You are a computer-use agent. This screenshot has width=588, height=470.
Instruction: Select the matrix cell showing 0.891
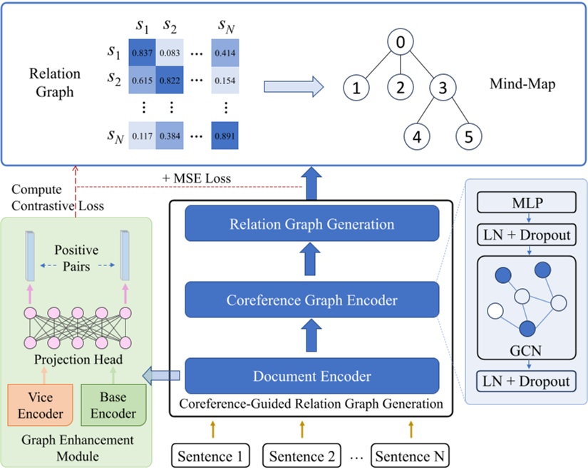(225, 135)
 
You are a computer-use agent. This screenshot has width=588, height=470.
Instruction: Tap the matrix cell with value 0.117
(141, 135)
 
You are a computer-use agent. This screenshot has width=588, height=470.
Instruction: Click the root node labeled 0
(401, 44)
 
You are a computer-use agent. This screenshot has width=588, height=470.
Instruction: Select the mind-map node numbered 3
(443, 88)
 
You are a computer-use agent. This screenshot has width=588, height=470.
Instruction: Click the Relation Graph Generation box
(311, 224)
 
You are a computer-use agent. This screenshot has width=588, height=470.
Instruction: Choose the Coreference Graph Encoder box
(311, 300)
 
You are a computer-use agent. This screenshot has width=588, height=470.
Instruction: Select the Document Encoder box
(311, 375)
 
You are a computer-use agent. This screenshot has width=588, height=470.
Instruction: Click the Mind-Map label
(522, 84)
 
